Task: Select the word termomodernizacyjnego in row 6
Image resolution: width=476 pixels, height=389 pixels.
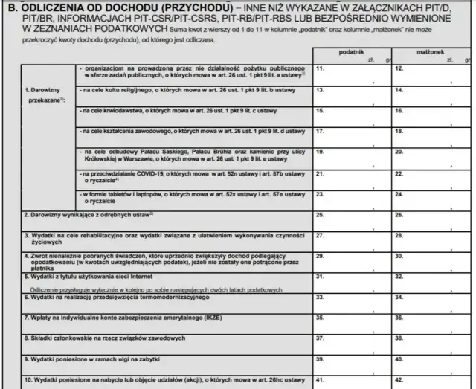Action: click(172, 296)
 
